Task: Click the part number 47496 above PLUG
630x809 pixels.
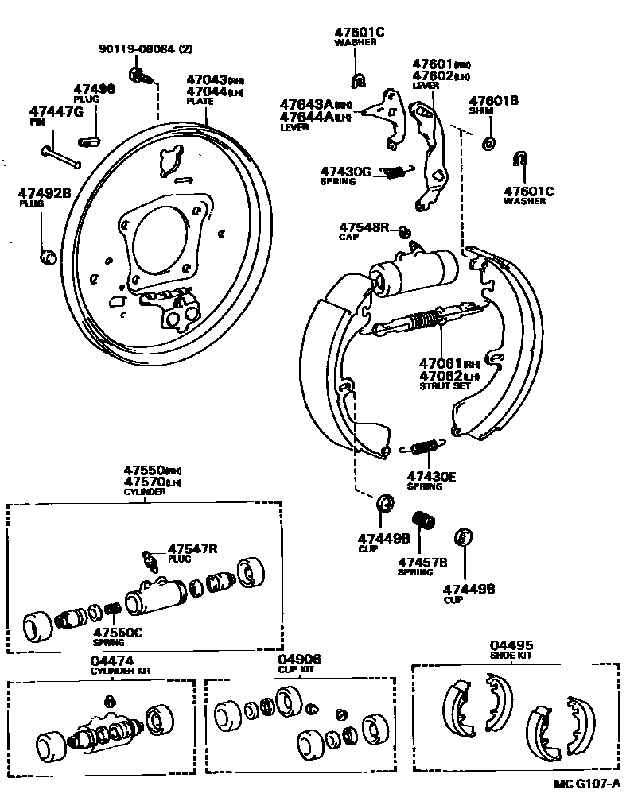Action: pyautogui.click(x=94, y=89)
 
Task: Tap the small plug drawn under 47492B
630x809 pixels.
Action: pyautogui.click(x=47, y=256)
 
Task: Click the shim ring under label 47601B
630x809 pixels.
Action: pyautogui.click(x=488, y=143)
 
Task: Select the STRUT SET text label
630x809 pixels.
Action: pyautogui.click(x=445, y=385)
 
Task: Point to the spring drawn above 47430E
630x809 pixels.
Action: pyautogui.click(x=426, y=447)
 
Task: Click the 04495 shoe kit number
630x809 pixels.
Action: pyautogui.click(x=511, y=645)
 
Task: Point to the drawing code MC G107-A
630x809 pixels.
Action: pyautogui.click(x=587, y=783)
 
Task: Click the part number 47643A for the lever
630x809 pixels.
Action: pyautogui.click(x=305, y=104)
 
